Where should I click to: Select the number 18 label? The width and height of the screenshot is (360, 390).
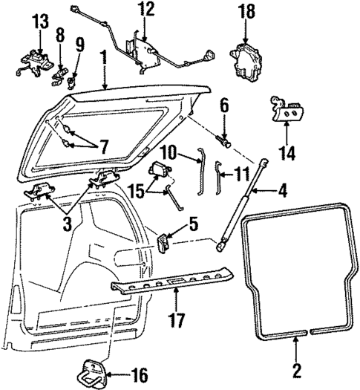point(246,11)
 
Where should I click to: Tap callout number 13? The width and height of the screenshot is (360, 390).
point(41,21)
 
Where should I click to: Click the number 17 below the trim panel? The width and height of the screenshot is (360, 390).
point(177,319)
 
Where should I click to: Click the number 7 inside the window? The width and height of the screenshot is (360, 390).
point(103,147)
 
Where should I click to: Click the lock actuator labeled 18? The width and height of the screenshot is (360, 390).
point(246,62)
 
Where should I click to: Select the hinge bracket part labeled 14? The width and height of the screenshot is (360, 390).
point(288,109)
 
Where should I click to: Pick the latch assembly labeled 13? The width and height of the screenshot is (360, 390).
point(36,62)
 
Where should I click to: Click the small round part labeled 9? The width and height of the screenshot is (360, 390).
point(72,82)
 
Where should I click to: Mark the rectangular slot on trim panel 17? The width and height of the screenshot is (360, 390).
point(175,282)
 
